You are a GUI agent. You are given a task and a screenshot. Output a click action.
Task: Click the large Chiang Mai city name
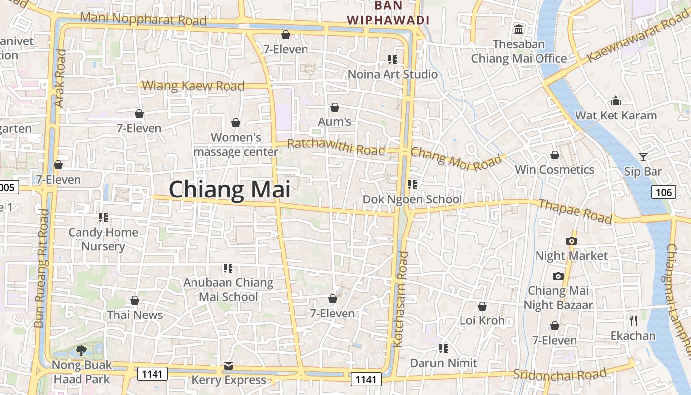pyautogui.click(x=230, y=190)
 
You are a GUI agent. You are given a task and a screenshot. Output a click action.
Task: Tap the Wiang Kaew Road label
pyautogui.click(x=193, y=86)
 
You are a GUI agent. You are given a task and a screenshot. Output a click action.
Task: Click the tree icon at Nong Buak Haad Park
pyautogui.click(x=81, y=351)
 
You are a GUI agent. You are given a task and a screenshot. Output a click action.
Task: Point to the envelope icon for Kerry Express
pyautogui.click(x=229, y=366)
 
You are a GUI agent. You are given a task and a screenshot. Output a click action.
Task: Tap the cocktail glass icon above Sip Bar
pyautogui.click(x=643, y=157)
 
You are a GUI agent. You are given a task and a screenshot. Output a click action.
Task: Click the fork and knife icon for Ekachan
pyautogui.click(x=633, y=321)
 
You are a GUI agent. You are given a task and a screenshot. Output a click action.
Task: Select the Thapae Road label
pyautogui.click(x=575, y=211)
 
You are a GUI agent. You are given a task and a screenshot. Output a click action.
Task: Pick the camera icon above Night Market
pyautogui.click(x=572, y=241)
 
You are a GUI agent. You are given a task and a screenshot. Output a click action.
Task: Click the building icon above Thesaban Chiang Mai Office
pyautogui.click(x=519, y=30)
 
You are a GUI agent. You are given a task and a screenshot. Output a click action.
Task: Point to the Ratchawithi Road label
pyautogui.click(x=336, y=147)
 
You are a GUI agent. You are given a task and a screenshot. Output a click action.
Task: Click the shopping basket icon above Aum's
pyautogui.click(x=335, y=107)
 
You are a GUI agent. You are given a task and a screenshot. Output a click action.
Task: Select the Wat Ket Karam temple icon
pyautogui.click(x=616, y=101)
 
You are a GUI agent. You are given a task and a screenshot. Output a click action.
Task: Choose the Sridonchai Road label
pyautogui.click(x=560, y=374)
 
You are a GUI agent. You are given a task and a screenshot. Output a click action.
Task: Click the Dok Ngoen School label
pyautogui.click(x=412, y=199)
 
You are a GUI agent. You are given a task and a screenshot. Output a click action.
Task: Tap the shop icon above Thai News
pyautogui.click(x=135, y=300)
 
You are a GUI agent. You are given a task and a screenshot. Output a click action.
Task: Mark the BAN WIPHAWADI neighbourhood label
pyautogui.click(x=388, y=13)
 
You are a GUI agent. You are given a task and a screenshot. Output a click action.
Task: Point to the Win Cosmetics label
pyautogui.click(x=554, y=170)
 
